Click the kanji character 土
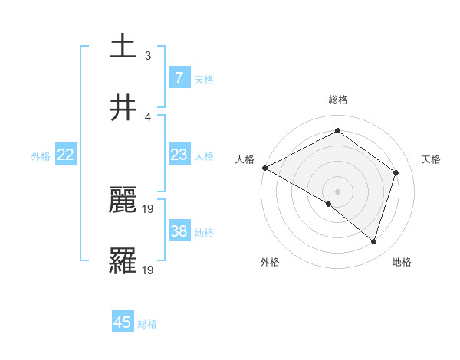point(123,47)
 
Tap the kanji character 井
point(123,108)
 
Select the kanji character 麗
point(123,201)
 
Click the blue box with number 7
point(179,77)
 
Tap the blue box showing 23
point(179,155)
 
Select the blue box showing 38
point(179,231)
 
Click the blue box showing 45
point(123,322)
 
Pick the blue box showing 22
point(66,155)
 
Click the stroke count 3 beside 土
point(148,55)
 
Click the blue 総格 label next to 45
point(147,324)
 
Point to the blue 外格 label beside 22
point(41,156)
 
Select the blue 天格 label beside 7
point(204,79)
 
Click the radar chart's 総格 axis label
point(337,100)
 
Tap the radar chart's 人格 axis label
point(245,159)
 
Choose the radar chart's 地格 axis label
point(402,262)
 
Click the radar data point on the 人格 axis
point(264,168)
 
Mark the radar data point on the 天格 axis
point(396,172)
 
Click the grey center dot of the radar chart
point(337,191)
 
